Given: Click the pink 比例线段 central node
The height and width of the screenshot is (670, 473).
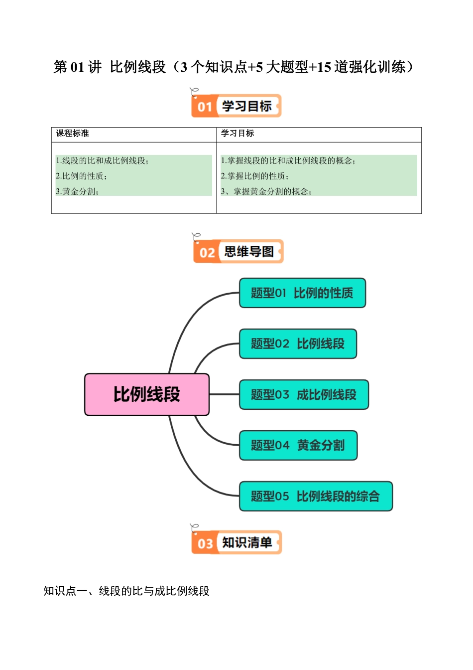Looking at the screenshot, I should tap(147, 394).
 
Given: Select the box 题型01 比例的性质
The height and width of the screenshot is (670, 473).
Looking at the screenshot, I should tap(302, 293).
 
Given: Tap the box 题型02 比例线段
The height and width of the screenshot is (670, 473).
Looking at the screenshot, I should tap(298, 344).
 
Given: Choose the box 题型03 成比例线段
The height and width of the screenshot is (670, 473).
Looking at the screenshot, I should tap(304, 395).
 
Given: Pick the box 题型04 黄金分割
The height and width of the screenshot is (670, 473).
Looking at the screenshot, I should tap(298, 445).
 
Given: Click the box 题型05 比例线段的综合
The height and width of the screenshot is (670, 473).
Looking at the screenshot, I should tap(316, 497).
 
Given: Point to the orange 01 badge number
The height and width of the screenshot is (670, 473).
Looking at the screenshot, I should tap(205, 107).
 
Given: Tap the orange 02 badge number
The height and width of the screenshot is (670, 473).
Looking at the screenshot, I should tap(207, 253).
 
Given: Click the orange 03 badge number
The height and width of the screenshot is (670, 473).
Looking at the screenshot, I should tap(205, 543).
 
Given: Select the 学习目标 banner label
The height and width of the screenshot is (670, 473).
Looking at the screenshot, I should tap(247, 106).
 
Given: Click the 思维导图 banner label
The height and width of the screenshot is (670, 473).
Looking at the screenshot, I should tap(249, 252).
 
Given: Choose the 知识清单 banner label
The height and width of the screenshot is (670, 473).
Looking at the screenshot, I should tap(247, 542).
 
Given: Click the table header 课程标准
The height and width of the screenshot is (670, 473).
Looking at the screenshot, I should tap(73, 134).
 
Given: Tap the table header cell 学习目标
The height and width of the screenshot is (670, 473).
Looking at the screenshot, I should tap(237, 134).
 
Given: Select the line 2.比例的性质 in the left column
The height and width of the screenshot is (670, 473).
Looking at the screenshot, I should tap(81, 176).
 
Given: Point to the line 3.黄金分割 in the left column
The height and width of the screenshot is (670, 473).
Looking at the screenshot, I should tap(77, 191).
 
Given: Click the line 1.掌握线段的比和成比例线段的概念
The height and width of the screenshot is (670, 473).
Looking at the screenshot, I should tap(288, 161).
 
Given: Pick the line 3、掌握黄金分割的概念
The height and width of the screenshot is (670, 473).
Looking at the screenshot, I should tap(266, 191).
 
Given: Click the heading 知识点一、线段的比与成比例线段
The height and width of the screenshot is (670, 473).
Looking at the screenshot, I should tap(126, 591).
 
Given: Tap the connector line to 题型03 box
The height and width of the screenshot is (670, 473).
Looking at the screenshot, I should tap(224, 394).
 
